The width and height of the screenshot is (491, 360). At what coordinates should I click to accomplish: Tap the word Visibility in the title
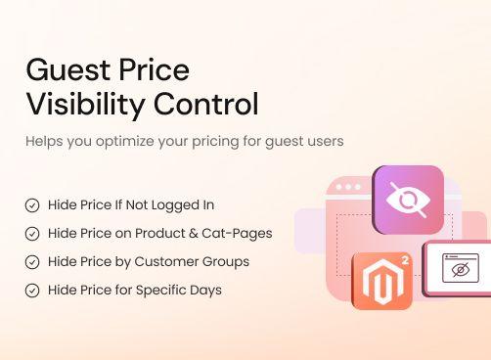(84, 104)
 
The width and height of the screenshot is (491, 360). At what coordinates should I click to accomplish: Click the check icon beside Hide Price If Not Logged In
(32, 205)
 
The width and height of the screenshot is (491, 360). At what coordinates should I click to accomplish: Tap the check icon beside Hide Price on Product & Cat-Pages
(32, 234)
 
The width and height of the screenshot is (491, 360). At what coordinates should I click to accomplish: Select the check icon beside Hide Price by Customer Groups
(32, 262)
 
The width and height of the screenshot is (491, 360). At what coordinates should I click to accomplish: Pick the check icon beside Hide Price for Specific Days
(32, 291)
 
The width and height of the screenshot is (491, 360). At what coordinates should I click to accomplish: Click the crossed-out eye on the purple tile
(408, 200)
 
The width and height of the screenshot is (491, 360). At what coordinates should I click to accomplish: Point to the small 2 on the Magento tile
(404, 260)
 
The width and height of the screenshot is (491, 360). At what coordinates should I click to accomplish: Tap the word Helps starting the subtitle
(44, 141)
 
